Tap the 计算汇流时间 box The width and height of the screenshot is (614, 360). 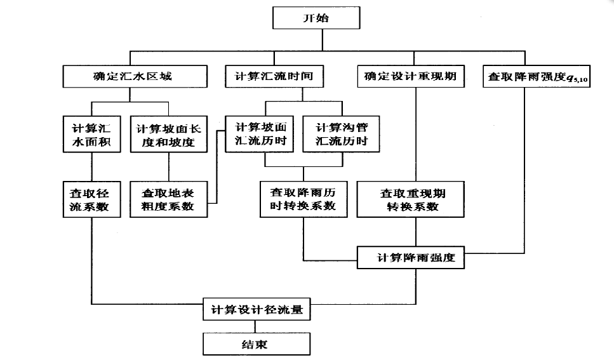(x=274, y=77)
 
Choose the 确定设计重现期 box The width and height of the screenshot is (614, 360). (x=410, y=77)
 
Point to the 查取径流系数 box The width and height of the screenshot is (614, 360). (x=91, y=199)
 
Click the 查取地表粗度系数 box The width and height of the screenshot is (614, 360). (x=168, y=199)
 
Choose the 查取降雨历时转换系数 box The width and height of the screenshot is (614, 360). (x=304, y=199)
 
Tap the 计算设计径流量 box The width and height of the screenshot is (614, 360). (x=257, y=311)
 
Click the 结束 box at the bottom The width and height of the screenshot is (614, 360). (x=257, y=344)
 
